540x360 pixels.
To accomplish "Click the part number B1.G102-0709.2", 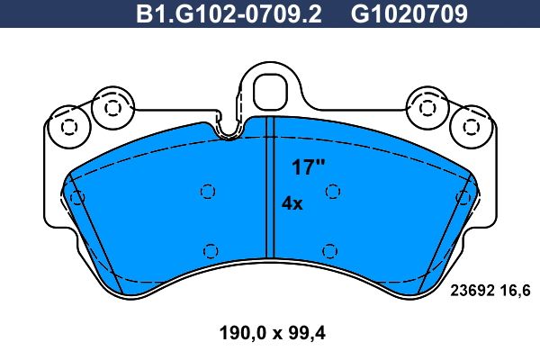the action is coord(229,14).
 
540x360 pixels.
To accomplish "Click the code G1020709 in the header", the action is coord(409,14).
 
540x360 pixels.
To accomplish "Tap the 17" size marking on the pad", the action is coord(309,167).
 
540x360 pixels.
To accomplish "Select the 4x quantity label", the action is coord(292,203).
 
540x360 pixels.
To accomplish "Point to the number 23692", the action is coord(472,291).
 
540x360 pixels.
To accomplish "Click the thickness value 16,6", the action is coord(516,291).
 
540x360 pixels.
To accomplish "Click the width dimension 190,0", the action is coord(243,333).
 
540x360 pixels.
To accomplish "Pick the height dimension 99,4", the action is coord(307,333).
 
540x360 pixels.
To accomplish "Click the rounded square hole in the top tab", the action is coord(270,91).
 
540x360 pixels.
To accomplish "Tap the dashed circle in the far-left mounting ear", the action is coord(69,127).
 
